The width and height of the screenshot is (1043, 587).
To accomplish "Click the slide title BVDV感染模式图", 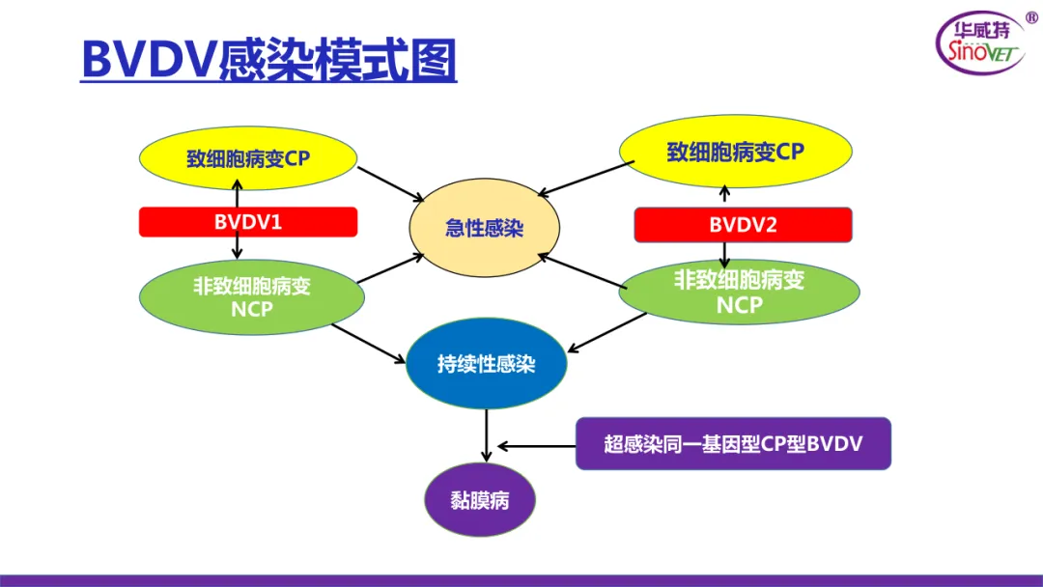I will coord(268,60).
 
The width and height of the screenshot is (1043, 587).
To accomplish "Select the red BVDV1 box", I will coord(248,222).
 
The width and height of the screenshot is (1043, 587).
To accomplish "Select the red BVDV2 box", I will coord(743,226).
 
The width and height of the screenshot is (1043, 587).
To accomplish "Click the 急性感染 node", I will coord(485,228).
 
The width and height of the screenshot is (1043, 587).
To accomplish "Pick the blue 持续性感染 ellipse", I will coord(485,364).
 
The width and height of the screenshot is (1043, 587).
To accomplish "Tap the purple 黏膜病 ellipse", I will coord(479,500).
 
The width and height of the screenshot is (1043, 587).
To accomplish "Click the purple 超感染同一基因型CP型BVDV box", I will coord(733,444).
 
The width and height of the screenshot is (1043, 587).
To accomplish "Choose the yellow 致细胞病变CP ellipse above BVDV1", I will coord(248,158).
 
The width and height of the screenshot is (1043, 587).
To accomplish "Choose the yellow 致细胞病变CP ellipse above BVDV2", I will coord(735,153).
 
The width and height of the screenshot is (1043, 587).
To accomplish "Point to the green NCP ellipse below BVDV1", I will coord(251,296).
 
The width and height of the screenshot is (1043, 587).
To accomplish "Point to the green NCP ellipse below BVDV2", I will coord(739,292).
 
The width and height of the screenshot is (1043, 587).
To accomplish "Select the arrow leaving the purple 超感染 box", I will coord(536,446).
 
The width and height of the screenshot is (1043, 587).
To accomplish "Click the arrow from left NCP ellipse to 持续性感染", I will coord(368,344).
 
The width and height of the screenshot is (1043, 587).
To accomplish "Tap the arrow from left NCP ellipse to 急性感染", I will coord(390,267).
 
